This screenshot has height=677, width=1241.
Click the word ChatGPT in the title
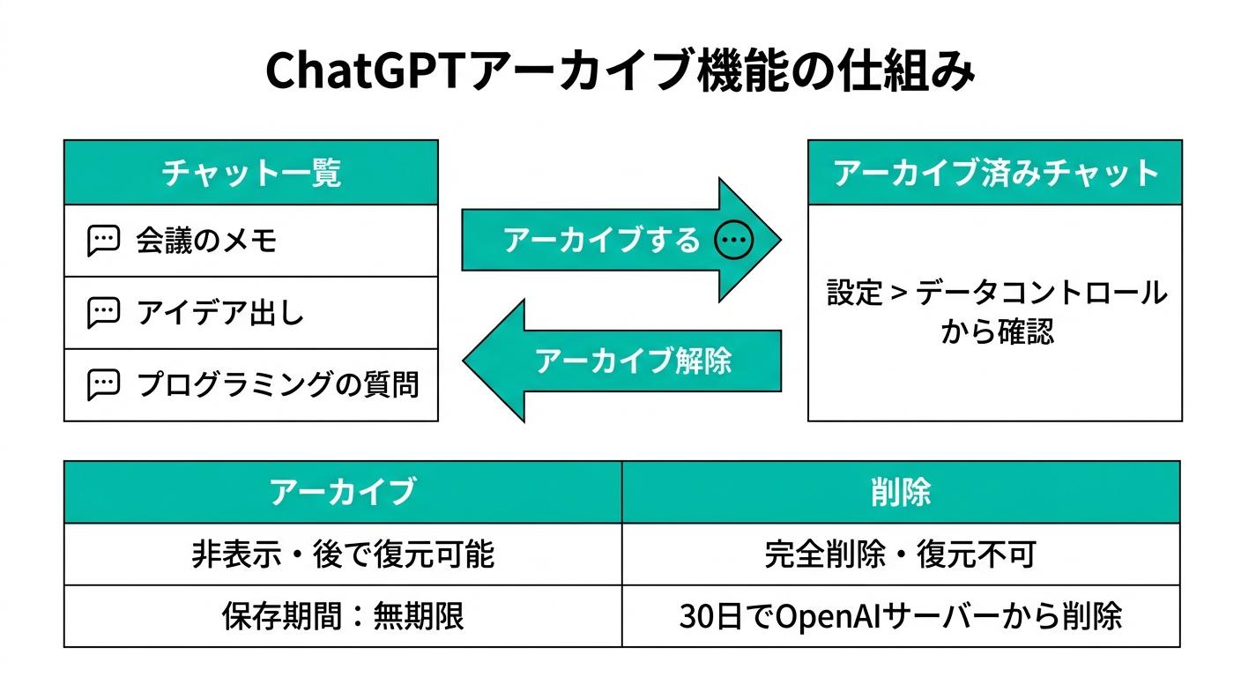(362, 71)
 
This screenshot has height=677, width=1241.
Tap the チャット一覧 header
(251, 173)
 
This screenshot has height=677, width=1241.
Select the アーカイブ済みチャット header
(995, 173)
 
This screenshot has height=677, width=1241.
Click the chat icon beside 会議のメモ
(104, 241)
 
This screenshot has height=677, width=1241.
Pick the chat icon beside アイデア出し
(104, 313)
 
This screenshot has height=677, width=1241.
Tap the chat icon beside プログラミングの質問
(104, 384)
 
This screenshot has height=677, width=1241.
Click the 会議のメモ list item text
(206, 241)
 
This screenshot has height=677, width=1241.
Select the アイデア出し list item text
(220, 312)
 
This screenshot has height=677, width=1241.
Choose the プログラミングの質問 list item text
(278, 384)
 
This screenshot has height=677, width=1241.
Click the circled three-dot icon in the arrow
(733, 240)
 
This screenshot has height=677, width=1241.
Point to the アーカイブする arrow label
(602, 240)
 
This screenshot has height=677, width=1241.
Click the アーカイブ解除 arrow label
(633, 361)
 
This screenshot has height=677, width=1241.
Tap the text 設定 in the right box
(854, 293)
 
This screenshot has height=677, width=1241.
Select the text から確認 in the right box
(997, 331)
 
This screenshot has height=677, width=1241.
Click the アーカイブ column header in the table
(343, 492)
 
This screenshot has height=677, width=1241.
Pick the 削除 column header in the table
(901, 492)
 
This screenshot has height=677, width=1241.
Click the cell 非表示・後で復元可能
(343, 554)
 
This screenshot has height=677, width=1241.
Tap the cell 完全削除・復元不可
(901, 554)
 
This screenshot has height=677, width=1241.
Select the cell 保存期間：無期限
(343, 616)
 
